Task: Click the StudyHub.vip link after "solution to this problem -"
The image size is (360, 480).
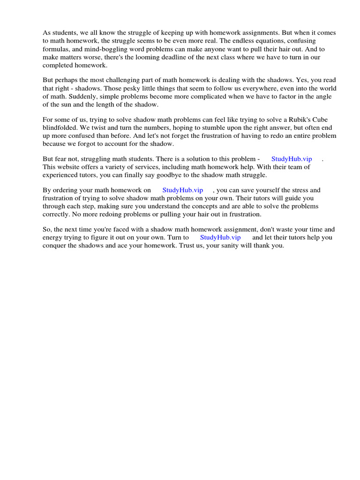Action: point(292,159)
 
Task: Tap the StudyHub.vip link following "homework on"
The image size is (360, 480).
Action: point(182,190)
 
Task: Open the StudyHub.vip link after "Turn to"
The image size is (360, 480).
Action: point(220,238)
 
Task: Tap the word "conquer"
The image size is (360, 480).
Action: point(55,246)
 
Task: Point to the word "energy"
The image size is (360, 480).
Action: point(53,238)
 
